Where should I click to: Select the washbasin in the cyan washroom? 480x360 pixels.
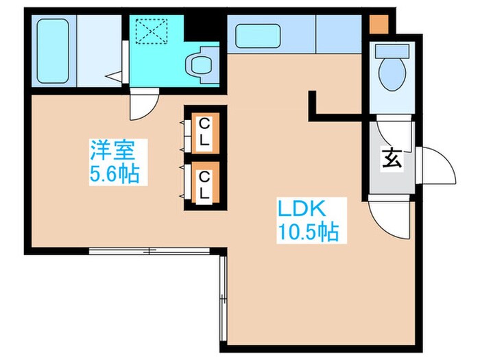point(202,65)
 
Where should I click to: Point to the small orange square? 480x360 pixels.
point(378,24)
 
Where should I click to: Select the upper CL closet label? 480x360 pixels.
point(204,132)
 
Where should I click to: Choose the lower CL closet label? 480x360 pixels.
point(204,184)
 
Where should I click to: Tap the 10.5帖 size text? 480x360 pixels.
point(308,232)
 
